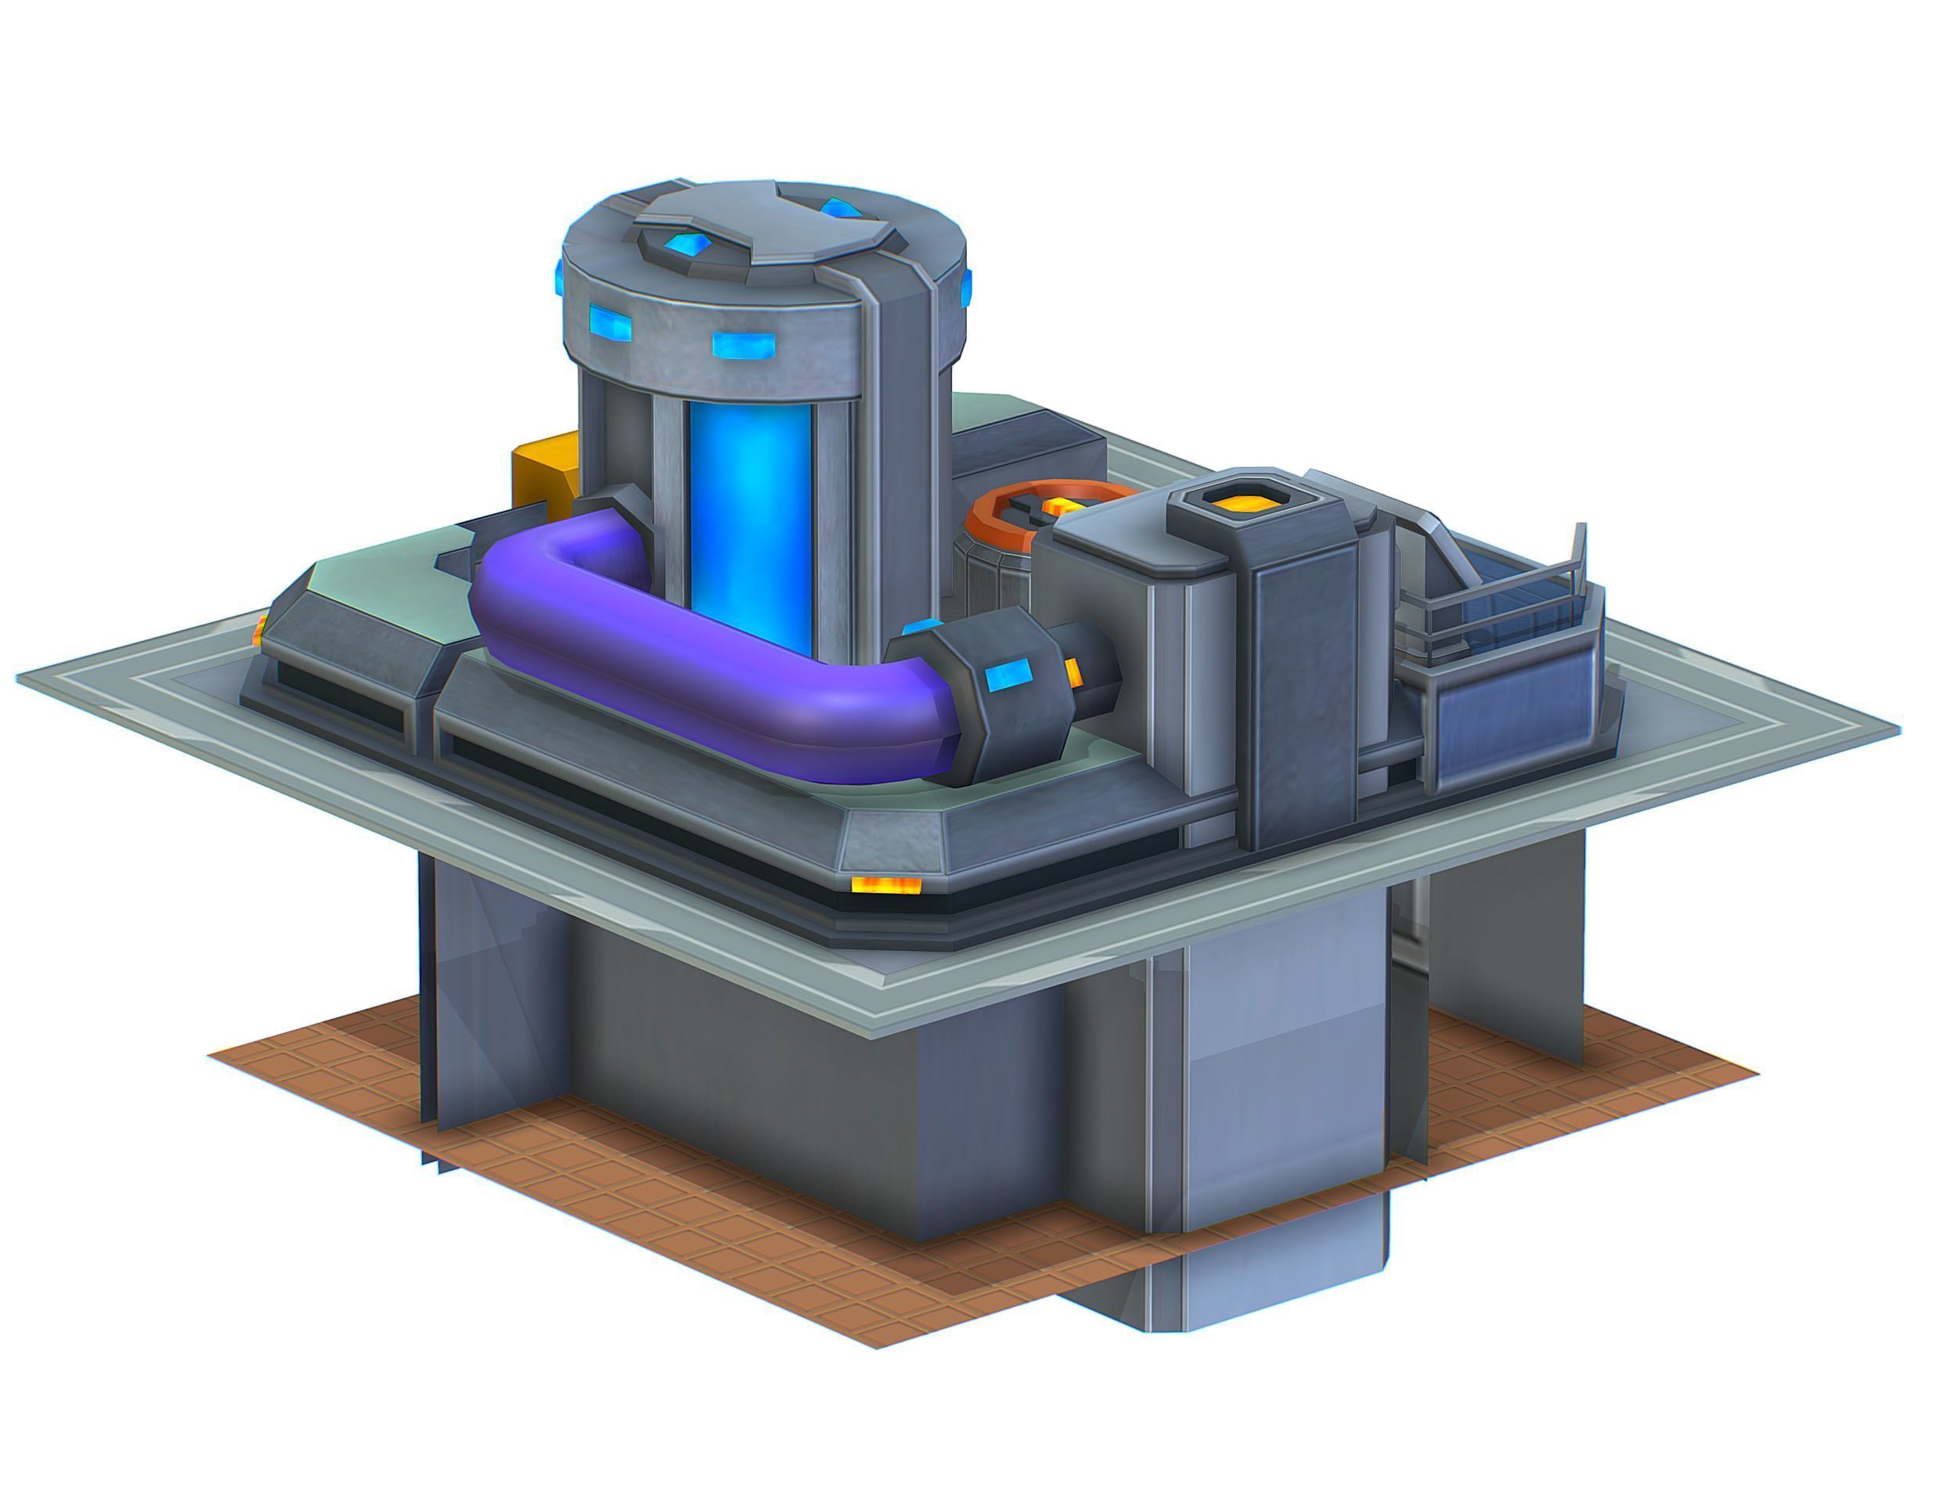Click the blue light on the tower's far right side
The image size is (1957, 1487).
[x=966, y=285]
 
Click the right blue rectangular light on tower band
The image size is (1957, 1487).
[x=744, y=345]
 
